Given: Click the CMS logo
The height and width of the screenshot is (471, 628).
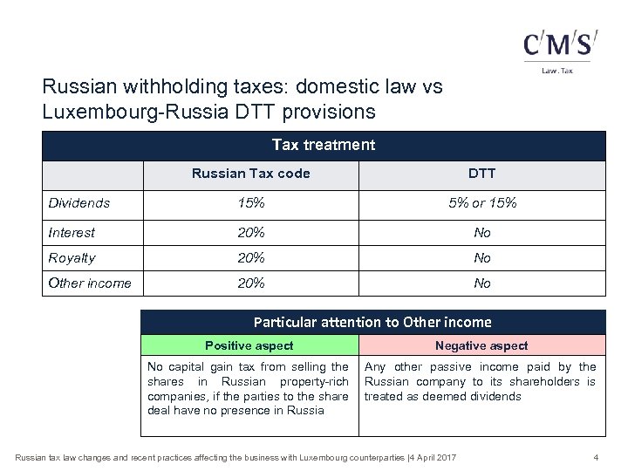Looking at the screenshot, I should tap(560, 45).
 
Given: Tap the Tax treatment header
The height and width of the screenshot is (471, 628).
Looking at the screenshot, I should tap(323, 145).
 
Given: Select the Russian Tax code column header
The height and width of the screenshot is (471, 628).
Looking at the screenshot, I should tap(250, 174).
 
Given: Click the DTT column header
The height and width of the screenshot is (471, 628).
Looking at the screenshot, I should tap(481, 174).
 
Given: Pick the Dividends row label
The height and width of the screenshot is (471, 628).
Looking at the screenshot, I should tap(79, 203).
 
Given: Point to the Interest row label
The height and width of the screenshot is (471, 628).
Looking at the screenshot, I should tap(72, 233).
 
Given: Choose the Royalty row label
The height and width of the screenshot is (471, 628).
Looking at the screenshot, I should tap(72, 258).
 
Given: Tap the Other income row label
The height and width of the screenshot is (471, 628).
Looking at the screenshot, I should tap(90, 283).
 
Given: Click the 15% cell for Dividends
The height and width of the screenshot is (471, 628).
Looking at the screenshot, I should tap(251, 203).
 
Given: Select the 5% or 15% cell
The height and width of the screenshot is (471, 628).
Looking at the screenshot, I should tap(481, 203).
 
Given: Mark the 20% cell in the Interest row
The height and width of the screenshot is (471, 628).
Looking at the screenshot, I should tap(251, 233).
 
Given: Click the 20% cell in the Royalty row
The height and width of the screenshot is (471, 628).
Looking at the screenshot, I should tap(251, 258).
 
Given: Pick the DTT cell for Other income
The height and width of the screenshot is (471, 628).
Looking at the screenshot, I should tap(481, 283).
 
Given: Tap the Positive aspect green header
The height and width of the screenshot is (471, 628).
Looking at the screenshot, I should tap(249, 345).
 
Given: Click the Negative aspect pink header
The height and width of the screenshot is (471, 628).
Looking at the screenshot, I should tap(481, 345).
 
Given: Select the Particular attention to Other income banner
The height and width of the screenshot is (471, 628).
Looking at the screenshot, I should tap(372, 322).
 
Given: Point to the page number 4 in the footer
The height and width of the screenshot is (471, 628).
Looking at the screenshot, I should tap(595, 456).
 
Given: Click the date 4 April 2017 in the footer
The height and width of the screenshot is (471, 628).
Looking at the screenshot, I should tap(431, 456).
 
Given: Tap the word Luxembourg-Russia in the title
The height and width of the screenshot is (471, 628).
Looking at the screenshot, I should tap(110, 112).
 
